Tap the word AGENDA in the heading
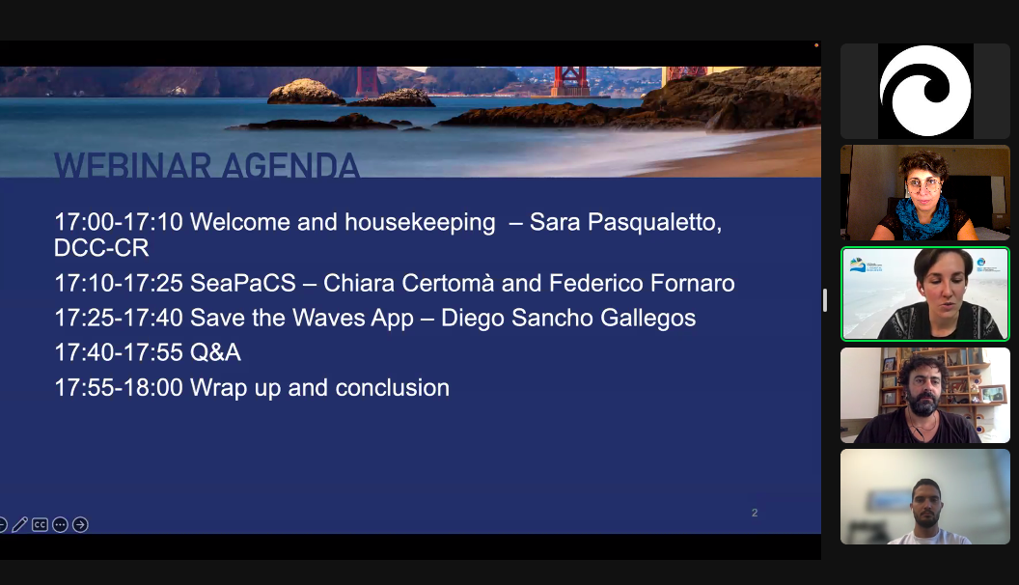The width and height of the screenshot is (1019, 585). (x=290, y=165)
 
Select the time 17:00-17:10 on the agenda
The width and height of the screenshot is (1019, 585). (x=119, y=222)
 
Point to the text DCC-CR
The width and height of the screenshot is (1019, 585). (x=101, y=248)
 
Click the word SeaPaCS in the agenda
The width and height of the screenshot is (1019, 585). (x=242, y=284)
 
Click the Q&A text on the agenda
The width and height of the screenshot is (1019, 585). (x=215, y=353)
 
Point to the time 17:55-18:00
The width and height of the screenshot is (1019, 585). (x=119, y=388)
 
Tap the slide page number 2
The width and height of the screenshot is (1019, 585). (x=755, y=513)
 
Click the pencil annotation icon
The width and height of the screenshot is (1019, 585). (x=20, y=524)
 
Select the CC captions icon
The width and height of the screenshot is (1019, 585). (x=40, y=524)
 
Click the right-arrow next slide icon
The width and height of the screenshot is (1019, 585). (x=80, y=524)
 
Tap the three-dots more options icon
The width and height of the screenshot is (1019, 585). (x=60, y=524)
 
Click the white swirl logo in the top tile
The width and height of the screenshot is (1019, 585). (x=925, y=91)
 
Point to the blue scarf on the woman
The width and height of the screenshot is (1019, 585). (x=923, y=218)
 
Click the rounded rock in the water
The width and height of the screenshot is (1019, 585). (x=306, y=92)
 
